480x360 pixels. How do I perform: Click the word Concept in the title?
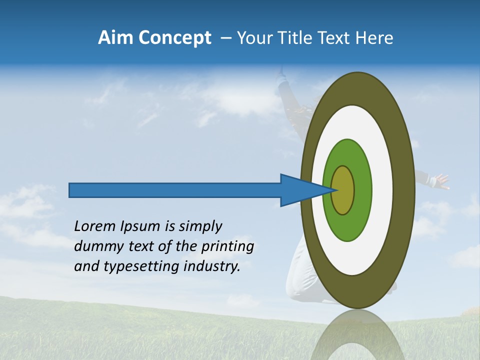coord(174,37)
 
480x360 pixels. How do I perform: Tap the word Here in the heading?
coord(375,37)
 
